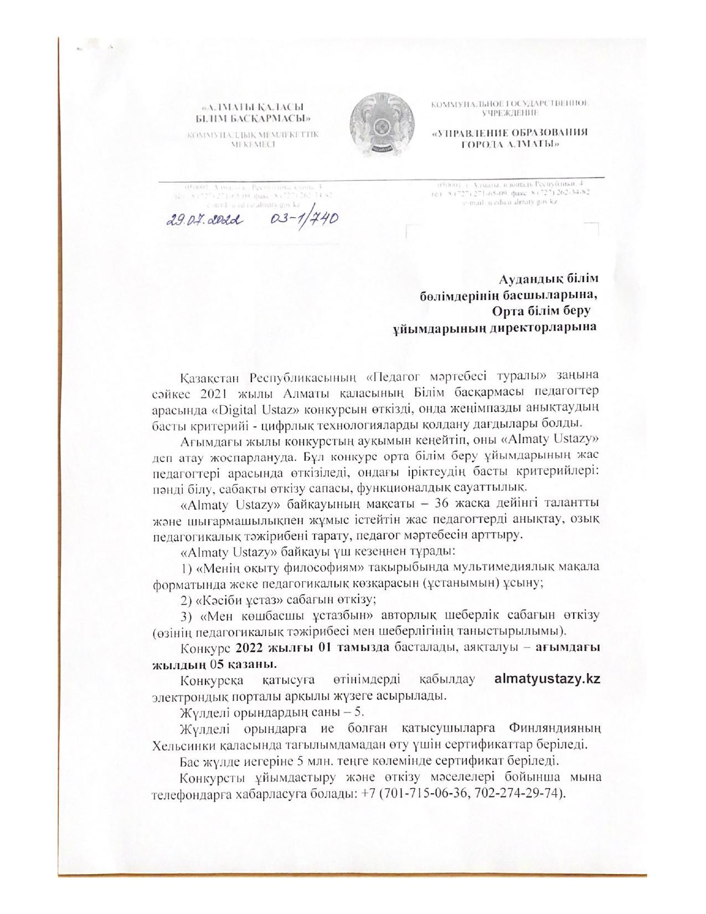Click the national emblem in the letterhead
click(382, 125)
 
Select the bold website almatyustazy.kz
click(547, 679)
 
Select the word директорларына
click(544, 326)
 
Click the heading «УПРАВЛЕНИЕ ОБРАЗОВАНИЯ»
click(510, 132)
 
